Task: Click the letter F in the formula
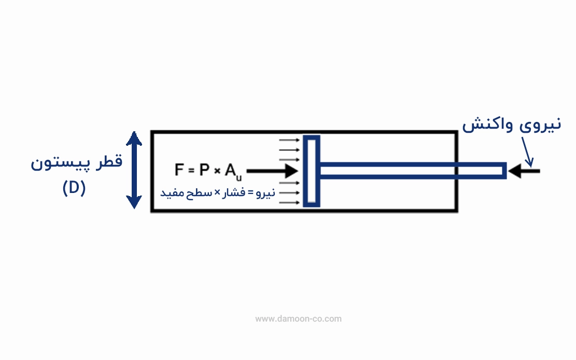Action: [178, 170]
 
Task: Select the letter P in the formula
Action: [204, 170]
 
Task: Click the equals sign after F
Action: [191, 171]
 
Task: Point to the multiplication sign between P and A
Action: [217, 171]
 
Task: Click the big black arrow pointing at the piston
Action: [272, 171]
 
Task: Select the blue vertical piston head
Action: [312, 171]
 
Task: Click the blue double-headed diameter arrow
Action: [134, 170]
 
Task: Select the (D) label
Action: [74, 188]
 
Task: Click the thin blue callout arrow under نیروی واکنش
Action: [527, 152]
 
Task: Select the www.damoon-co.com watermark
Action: [298, 319]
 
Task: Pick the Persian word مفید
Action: [173, 192]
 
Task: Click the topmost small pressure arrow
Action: [289, 140]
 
